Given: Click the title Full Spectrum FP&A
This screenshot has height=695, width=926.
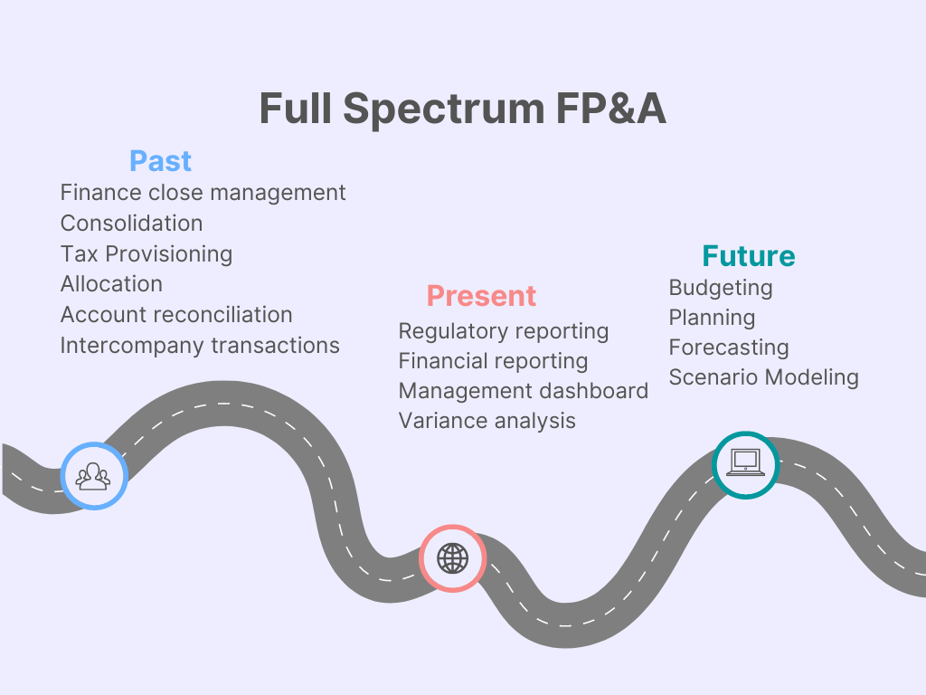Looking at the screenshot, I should click(x=462, y=109).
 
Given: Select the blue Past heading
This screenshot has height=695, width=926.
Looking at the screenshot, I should click(x=160, y=161).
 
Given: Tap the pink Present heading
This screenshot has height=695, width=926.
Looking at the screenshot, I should click(x=481, y=296).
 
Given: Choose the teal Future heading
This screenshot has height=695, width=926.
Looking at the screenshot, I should click(x=749, y=256).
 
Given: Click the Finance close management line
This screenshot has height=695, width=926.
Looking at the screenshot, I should click(x=203, y=193).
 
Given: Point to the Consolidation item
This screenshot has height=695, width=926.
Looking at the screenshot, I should click(x=131, y=224).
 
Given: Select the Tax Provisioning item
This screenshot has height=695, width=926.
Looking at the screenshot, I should click(x=146, y=254).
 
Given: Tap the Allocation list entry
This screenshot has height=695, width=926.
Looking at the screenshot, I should click(x=111, y=284).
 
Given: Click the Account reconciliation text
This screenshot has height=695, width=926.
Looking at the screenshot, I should click(x=176, y=315).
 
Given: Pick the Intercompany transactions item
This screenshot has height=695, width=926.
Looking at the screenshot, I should click(x=200, y=346).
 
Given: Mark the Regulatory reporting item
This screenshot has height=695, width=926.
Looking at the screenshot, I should click(x=503, y=331).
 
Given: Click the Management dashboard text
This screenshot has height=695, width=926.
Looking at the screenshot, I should click(x=523, y=391).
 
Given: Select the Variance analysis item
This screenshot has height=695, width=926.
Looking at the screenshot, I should click(x=487, y=421).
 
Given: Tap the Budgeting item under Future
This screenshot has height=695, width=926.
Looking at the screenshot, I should click(x=721, y=288).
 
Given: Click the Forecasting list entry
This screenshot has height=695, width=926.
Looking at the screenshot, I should click(x=729, y=347).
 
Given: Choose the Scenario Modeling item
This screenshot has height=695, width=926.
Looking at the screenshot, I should click(x=763, y=377).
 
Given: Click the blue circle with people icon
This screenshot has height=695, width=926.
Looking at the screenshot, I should click(x=93, y=475).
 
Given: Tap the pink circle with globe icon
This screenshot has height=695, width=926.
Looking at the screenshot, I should click(x=452, y=558).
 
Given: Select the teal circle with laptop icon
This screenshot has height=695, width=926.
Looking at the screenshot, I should click(x=745, y=463).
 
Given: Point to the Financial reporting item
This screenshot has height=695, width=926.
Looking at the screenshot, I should click(x=493, y=361).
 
